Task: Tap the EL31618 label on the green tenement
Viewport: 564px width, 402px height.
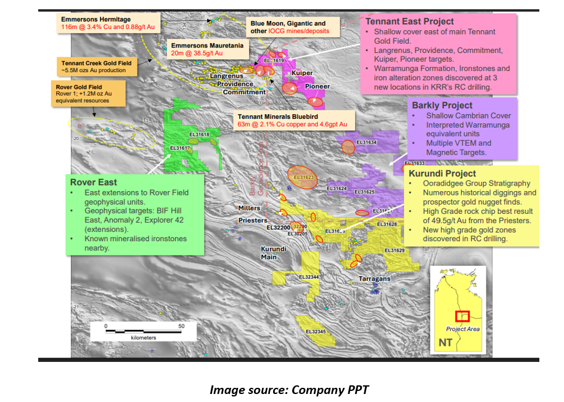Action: (x=199, y=135)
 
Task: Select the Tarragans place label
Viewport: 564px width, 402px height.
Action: (x=375, y=279)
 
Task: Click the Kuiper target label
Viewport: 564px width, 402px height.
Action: (x=302, y=73)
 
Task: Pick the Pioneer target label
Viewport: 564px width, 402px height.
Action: (x=317, y=87)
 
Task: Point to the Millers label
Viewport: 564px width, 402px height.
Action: (x=249, y=208)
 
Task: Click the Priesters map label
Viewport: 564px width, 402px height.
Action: (x=252, y=219)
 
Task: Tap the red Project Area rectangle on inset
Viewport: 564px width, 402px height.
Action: (x=462, y=316)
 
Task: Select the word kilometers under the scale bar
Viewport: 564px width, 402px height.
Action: (x=144, y=338)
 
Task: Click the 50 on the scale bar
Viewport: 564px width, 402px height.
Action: (x=182, y=326)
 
